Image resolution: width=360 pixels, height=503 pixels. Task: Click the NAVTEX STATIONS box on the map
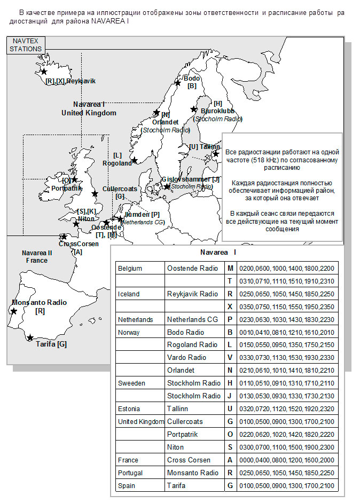tap(26, 45)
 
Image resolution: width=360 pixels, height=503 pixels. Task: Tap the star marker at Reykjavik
tap(44, 71)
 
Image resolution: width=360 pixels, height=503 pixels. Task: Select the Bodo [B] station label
tap(191, 82)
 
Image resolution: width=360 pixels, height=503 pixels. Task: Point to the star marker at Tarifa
tap(30, 337)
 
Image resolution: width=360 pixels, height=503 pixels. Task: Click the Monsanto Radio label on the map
tap(39, 306)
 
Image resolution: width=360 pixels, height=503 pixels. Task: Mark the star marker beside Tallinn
tap(216, 154)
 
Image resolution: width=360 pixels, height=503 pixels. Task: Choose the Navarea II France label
tap(36, 256)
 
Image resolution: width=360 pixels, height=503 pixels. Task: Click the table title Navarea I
tap(218, 252)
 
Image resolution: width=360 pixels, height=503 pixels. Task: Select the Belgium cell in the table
tap(130, 268)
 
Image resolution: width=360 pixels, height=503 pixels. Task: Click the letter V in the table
tap(230, 358)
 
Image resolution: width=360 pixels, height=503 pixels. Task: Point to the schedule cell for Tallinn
tap(272, 409)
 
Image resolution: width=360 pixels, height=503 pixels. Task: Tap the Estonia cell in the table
tap(129, 409)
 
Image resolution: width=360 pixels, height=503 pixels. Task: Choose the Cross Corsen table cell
tap(189, 460)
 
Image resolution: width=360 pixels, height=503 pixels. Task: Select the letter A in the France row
tap(230, 460)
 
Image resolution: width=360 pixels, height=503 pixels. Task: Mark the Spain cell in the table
tap(127, 486)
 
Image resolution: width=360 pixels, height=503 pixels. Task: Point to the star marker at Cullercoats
tap(95, 193)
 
